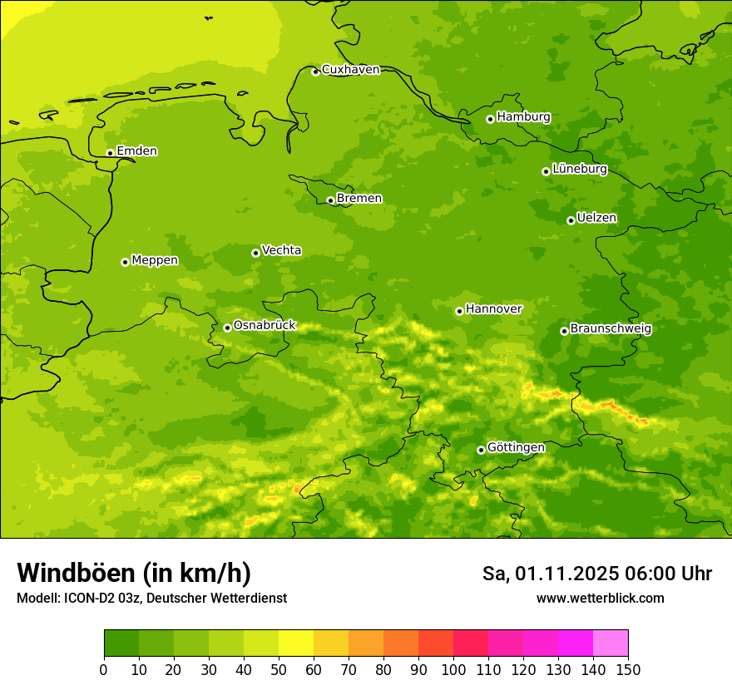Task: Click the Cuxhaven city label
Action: pyautogui.click(x=350, y=70)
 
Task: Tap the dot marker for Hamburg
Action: pyautogui.click(x=490, y=119)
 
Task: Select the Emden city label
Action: pyautogui.click(x=136, y=151)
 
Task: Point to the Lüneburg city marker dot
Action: pyautogui.click(x=546, y=171)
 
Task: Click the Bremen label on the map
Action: pyautogui.click(x=359, y=199)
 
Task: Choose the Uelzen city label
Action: pyautogui.click(x=596, y=219)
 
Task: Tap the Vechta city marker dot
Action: pyautogui.click(x=255, y=253)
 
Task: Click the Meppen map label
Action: pyautogui.click(x=155, y=261)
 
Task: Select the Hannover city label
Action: pyautogui.click(x=494, y=309)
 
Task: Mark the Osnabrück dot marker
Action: pyautogui.click(x=227, y=328)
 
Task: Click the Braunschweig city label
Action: pyautogui.click(x=611, y=329)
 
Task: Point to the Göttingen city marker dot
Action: pyautogui.click(x=481, y=450)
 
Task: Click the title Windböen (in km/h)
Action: pyautogui.click(x=134, y=573)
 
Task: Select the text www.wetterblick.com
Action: pyautogui.click(x=600, y=599)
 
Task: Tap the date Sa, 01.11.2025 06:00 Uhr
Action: pyautogui.click(x=596, y=574)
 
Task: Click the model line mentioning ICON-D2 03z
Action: pyautogui.click(x=151, y=599)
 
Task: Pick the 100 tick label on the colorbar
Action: pyautogui.click(x=453, y=669)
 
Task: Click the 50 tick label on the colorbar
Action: pyautogui.click(x=279, y=669)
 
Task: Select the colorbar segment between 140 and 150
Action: pyautogui.click(x=611, y=643)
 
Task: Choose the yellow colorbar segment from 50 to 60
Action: pyautogui.click(x=296, y=643)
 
